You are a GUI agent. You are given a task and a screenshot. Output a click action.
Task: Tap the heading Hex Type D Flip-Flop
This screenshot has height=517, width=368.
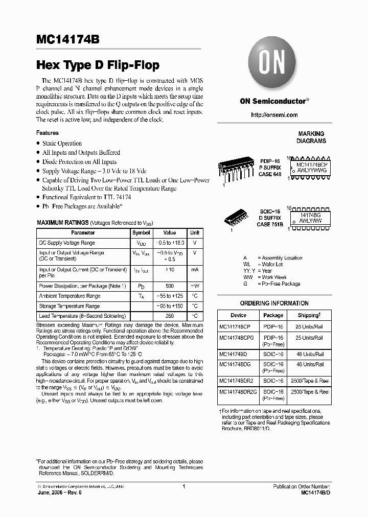coord(98,65)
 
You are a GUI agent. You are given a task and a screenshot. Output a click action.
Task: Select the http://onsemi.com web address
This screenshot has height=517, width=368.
coord(274,115)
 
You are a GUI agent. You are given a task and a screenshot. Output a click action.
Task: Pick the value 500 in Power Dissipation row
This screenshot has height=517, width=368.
coord(169,286)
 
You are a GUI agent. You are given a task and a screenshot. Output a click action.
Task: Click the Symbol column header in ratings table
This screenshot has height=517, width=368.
coord(141,232)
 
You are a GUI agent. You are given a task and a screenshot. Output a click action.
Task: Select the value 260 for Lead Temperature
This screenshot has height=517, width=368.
coord(169,316)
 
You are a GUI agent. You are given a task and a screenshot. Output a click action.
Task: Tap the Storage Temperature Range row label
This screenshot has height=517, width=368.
coord(70,306)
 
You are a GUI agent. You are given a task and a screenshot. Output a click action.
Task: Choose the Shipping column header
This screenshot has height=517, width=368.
coord(309,315)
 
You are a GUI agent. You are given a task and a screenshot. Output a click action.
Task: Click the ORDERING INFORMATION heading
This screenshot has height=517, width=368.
coord(274,303)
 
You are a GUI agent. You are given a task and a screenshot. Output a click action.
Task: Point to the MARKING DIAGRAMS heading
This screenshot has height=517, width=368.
coord(311,137)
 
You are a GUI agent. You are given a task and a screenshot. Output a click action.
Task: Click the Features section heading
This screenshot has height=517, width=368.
coord(48,133)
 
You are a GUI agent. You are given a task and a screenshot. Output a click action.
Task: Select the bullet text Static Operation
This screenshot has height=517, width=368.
coord(62,144)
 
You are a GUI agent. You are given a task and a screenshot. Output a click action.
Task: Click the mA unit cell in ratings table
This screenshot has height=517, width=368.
coord(195,269)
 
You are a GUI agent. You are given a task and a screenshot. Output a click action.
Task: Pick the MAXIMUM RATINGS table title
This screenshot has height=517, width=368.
coord(62,223)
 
